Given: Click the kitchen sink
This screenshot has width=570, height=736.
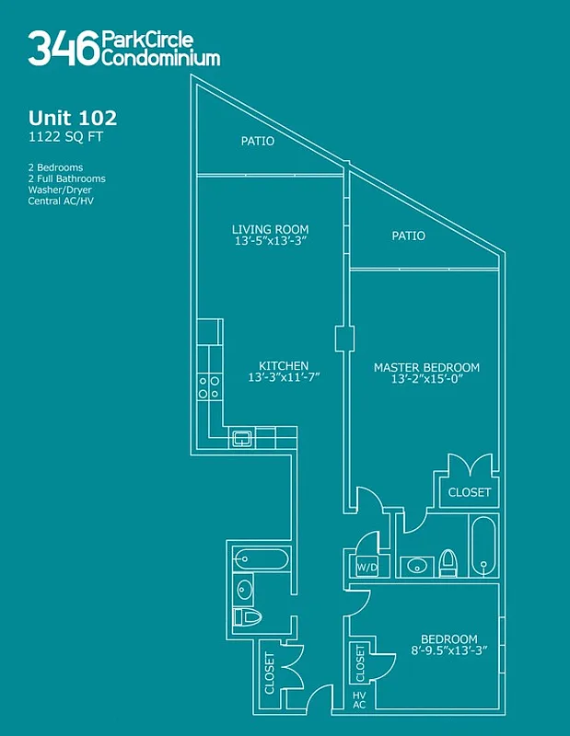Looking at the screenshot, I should (x=242, y=438).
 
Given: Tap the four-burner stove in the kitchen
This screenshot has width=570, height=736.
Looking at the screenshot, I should (x=209, y=386).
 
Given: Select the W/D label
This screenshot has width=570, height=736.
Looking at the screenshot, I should (x=366, y=568).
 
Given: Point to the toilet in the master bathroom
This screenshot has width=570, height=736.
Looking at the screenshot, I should (x=448, y=561).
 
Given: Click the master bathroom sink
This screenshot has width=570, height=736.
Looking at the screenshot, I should (x=416, y=566).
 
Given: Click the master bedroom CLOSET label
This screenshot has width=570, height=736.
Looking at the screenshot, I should (x=470, y=492).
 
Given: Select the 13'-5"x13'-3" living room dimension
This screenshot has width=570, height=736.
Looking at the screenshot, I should (x=270, y=242).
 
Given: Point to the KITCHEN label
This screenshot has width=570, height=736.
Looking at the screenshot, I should (x=283, y=365).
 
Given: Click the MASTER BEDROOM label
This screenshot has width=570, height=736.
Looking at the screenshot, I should (x=426, y=367).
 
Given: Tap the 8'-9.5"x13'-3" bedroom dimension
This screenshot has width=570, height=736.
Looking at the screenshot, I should (x=448, y=651).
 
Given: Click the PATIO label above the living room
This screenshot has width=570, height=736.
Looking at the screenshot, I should (x=257, y=142).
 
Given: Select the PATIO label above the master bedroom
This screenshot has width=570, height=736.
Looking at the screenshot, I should (x=408, y=236).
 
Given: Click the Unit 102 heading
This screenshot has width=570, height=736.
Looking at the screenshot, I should (x=73, y=118).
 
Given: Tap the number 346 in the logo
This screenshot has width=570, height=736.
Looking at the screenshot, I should (x=63, y=48).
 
